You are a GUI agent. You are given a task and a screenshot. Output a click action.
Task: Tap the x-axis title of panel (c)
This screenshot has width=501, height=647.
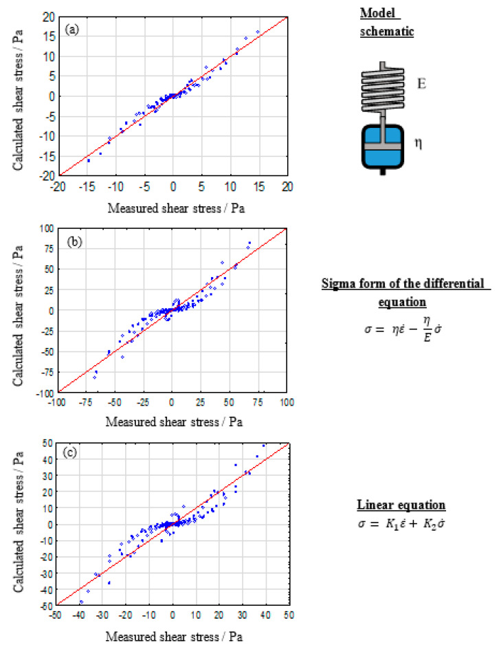[x=172, y=636]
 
